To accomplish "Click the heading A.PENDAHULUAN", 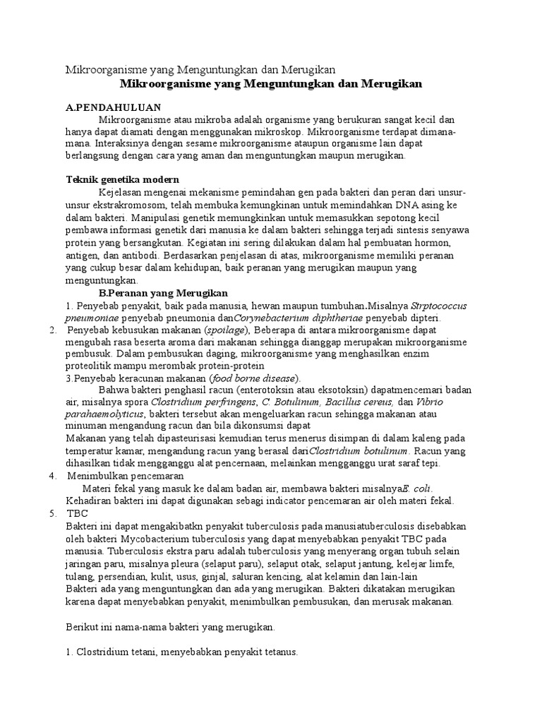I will pos(113,108).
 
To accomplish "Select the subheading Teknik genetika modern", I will pos(122,180).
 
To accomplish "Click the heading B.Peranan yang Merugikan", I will pos(162,292).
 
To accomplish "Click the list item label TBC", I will pos(77,513).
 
